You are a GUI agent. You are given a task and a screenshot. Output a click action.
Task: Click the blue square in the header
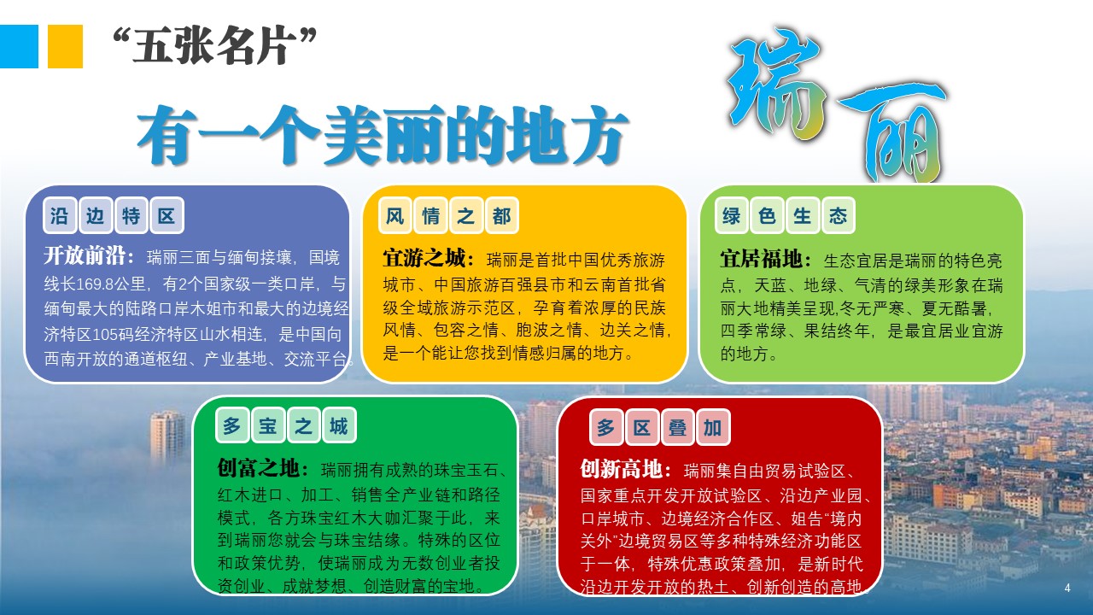pyautogui.click(x=19, y=46)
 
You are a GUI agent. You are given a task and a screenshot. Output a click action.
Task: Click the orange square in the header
pyautogui.click(x=65, y=46)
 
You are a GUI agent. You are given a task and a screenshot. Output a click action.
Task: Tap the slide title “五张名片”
pyautogui.click(x=214, y=46)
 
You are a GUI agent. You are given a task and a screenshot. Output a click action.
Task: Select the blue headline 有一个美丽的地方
pyautogui.click(x=382, y=135)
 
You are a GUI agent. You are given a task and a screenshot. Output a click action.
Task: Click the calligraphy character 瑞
pyautogui.click(x=776, y=83)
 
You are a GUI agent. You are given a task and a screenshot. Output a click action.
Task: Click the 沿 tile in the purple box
pyautogui.click(x=60, y=215)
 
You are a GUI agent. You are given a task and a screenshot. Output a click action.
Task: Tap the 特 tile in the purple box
pyautogui.click(x=131, y=215)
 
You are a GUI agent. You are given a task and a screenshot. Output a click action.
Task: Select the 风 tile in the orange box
pyautogui.click(x=395, y=215)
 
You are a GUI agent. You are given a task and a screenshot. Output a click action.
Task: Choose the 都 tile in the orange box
pyautogui.click(x=501, y=215)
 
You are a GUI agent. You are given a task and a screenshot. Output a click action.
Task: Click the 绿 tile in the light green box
pyautogui.click(x=731, y=215)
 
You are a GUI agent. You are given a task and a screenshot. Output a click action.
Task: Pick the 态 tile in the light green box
pyautogui.click(x=838, y=215)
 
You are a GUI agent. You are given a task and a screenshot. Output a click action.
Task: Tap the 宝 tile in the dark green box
pyautogui.click(x=268, y=425)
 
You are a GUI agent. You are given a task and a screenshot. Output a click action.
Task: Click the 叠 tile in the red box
pyautogui.click(x=677, y=428)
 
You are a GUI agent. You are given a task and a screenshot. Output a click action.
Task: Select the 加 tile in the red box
pyautogui.click(x=713, y=428)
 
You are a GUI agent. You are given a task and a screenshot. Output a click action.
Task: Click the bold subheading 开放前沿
pyautogui.click(x=85, y=255)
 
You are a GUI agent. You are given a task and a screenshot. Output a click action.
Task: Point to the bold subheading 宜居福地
pyautogui.click(x=761, y=259)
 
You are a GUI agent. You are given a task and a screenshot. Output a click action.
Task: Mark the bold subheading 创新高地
pyautogui.click(x=621, y=470)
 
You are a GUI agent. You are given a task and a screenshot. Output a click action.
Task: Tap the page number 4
pyautogui.click(x=1067, y=588)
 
